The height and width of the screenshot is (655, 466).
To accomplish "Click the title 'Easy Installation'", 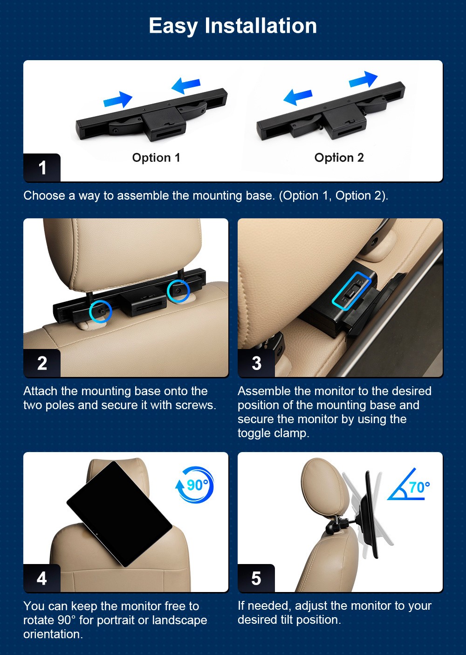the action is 233,26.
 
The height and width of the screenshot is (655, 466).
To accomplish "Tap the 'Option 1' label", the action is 156,158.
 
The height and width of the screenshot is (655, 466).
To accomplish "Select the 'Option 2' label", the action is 339,158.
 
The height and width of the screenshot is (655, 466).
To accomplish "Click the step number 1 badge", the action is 42,167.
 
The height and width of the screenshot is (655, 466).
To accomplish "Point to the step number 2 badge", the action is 42,363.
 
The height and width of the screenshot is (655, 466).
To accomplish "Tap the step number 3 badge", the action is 256,363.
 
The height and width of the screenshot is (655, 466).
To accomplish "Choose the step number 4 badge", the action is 42,578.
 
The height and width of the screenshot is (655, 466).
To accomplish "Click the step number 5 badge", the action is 256,578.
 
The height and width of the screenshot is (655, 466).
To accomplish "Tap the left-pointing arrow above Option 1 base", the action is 186,86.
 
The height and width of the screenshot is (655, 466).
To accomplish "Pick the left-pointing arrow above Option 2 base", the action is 298,97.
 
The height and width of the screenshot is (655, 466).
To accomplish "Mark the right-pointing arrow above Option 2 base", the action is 363,79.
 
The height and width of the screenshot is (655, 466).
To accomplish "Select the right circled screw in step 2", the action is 178,291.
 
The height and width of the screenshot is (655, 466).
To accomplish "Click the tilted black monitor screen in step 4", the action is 119,514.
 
